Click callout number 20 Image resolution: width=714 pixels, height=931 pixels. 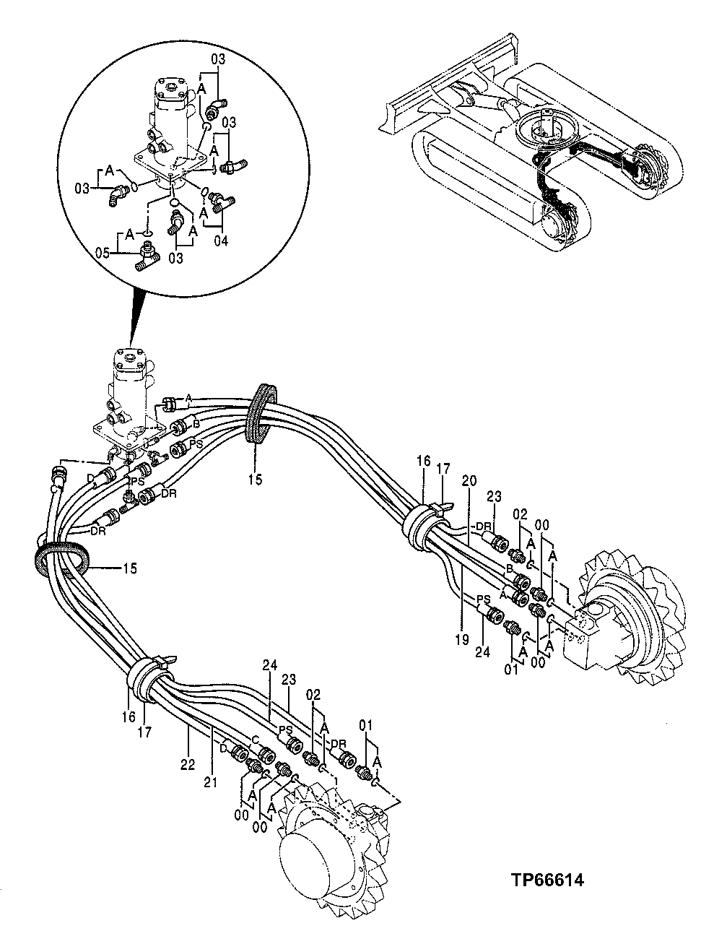(469, 480)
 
